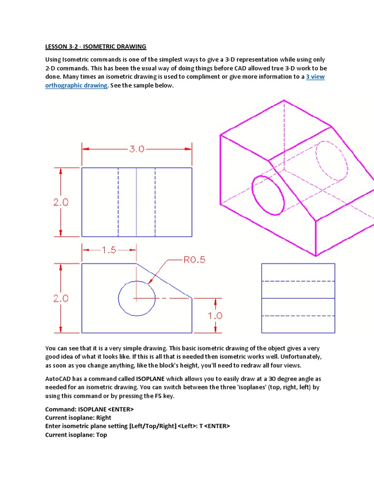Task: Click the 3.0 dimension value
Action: (x=137, y=149)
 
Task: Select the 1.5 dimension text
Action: (x=109, y=250)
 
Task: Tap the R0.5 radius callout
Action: (x=194, y=260)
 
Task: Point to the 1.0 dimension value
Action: (x=215, y=316)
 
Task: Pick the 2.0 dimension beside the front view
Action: (x=61, y=299)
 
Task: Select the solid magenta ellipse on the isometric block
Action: (x=268, y=195)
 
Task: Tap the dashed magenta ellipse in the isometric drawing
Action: (x=332, y=160)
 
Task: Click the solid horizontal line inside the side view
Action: (x=298, y=298)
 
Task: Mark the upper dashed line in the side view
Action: (x=298, y=281)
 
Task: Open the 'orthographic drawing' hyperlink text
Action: (x=76, y=85)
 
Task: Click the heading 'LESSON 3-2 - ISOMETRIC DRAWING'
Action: (x=95, y=47)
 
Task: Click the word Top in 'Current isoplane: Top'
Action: (x=101, y=435)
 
